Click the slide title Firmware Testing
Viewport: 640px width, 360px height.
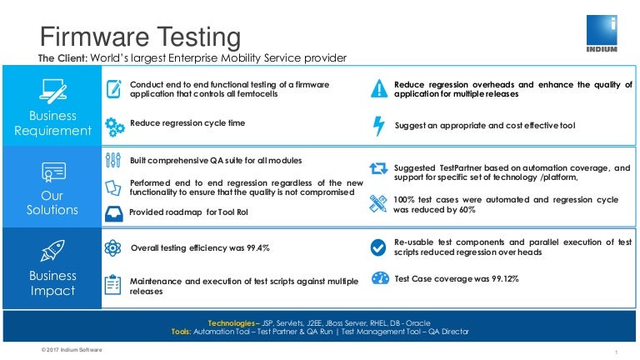click(141, 37)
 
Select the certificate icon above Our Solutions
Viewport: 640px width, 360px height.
click(53, 172)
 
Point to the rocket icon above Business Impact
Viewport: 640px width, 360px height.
click(53, 247)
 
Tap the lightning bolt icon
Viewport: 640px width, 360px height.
click(379, 125)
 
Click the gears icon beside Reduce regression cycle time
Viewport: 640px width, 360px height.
click(114, 126)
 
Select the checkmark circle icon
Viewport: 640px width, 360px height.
click(379, 247)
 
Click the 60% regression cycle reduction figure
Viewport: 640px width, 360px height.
click(466, 210)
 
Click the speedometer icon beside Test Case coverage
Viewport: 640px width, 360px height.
click(379, 278)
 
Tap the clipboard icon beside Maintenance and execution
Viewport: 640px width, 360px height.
click(114, 284)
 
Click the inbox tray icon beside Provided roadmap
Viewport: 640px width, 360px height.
click(114, 212)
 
